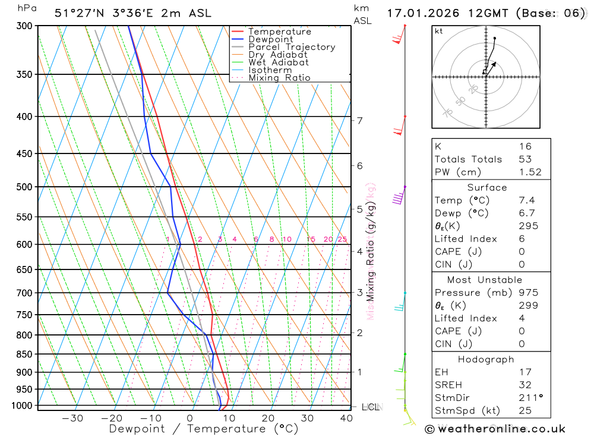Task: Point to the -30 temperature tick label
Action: coord(72,418)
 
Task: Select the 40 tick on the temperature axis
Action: coord(346,418)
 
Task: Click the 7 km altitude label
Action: coord(360,121)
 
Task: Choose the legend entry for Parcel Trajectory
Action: coord(292,47)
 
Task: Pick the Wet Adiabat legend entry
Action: coord(279,62)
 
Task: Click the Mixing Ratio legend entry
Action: coord(279,78)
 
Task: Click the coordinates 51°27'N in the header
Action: coord(81,13)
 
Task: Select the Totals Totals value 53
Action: coord(525,159)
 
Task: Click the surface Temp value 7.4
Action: coord(526,200)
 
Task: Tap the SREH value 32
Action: coord(525,385)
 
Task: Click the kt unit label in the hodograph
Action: coord(439,31)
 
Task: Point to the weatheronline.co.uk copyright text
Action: coord(495,428)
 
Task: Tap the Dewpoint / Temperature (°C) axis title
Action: coord(204,428)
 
